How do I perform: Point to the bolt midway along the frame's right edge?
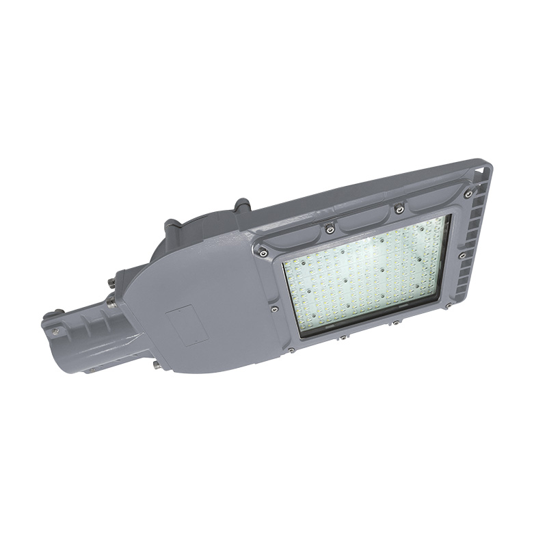tap(463, 256)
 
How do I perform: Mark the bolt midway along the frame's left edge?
tap(274, 309)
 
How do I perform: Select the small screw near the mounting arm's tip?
tap(57, 331)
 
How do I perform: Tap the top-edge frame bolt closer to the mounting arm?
tap(330, 229)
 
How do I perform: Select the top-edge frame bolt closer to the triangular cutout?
tap(400, 209)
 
